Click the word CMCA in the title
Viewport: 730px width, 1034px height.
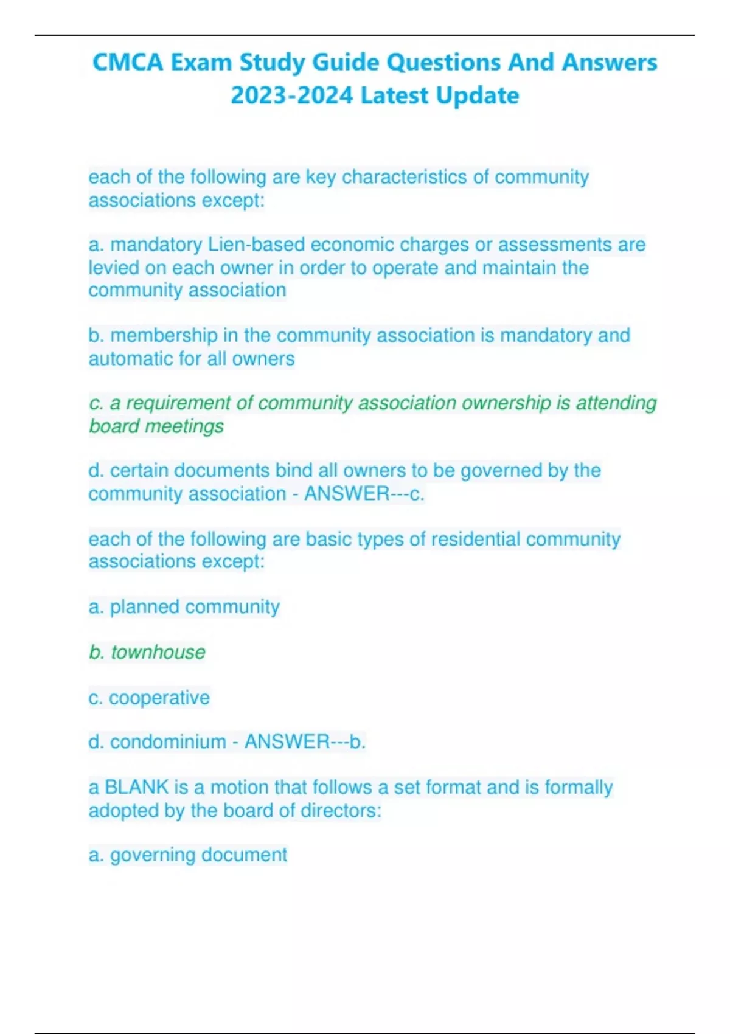point(127,63)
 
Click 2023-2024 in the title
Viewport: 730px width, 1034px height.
point(291,95)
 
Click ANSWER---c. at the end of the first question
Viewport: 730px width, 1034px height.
point(364,493)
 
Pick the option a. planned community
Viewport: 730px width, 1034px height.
point(184,606)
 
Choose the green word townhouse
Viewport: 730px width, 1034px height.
point(158,652)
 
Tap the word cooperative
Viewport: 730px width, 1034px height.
point(159,697)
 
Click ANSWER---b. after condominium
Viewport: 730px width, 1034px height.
point(305,742)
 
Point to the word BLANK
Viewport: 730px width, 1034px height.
point(136,787)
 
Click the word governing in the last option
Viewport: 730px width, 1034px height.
point(152,855)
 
